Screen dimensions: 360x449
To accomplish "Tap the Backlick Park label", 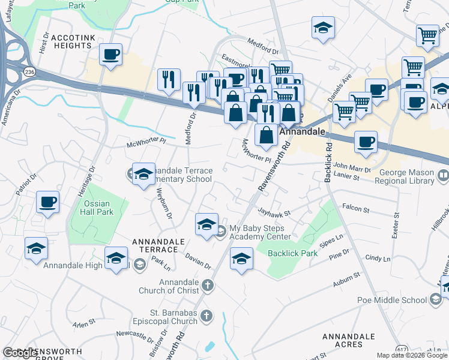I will [293, 253].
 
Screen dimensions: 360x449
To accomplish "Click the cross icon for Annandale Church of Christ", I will [208, 285].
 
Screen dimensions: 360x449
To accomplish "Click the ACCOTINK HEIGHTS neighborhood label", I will [73, 41].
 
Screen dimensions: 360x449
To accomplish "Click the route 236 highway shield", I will [29, 71].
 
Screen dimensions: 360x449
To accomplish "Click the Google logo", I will [20, 353].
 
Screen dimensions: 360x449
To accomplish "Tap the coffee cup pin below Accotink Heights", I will [111, 56].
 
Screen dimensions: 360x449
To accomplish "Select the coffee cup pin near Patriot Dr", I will [47, 202].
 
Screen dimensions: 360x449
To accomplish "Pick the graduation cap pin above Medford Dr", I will [323, 28].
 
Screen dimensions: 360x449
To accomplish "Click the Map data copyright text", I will [412, 355].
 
